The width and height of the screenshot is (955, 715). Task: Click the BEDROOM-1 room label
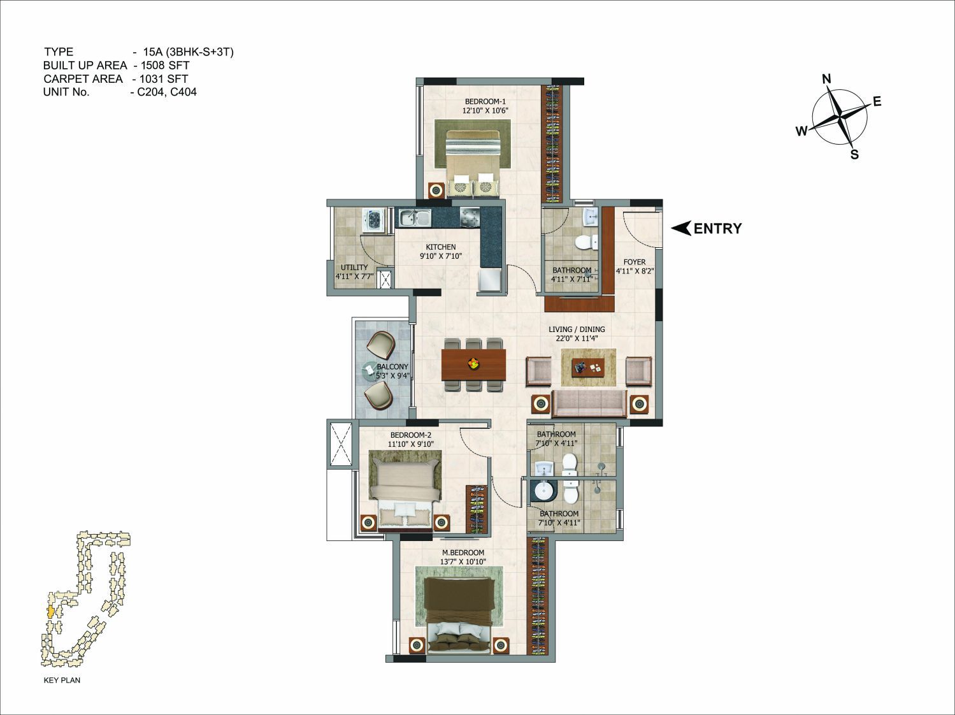tap(485, 102)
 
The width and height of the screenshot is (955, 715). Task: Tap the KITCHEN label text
tap(441, 247)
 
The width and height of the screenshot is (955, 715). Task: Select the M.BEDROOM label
tap(463, 552)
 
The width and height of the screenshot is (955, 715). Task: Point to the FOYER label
tap(635, 262)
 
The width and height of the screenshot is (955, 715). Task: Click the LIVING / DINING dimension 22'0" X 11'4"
tap(576, 338)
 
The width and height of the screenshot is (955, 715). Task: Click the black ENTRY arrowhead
tap(681, 229)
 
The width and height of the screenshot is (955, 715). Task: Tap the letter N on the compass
tap(827, 79)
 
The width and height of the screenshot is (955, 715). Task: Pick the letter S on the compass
tap(854, 154)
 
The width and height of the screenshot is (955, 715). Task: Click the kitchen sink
tap(415, 217)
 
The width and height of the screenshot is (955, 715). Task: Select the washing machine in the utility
tap(373, 220)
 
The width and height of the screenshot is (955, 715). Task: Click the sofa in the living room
tap(589, 404)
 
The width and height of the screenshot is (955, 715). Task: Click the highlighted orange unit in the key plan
tap(51, 611)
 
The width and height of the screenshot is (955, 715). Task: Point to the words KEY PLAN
tap(62, 680)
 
